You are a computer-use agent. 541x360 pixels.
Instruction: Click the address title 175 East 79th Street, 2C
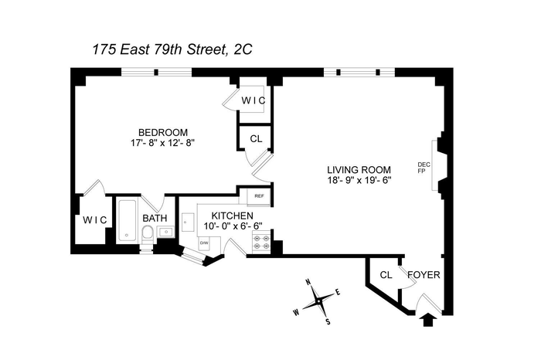(x=172, y=49)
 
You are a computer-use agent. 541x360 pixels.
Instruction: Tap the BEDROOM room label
(x=163, y=132)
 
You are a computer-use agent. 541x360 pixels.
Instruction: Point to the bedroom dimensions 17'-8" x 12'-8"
(x=163, y=143)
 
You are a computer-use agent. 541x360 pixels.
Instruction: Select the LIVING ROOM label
(x=359, y=170)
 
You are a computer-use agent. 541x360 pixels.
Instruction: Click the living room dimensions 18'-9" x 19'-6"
(x=359, y=180)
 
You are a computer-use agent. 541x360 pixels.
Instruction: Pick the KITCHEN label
(x=232, y=216)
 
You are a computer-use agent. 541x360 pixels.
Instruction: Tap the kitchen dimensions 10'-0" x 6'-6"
(x=233, y=226)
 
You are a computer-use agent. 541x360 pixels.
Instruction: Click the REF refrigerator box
(x=259, y=197)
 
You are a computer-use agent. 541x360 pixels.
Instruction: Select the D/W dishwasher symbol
(x=204, y=243)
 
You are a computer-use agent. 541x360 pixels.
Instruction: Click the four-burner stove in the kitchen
(x=261, y=243)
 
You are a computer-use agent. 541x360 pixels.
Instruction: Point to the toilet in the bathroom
(x=147, y=234)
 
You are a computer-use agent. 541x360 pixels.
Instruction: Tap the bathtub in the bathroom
(x=127, y=220)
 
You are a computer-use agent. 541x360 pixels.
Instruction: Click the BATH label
(x=155, y=219)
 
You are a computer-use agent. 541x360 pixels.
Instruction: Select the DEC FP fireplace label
(x=424, y=168)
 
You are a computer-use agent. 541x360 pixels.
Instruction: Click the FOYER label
(x=424, y=275)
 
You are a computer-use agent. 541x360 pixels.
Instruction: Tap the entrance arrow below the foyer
(x=427, y=320)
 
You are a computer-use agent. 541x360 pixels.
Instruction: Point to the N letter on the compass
(x=308, y=282)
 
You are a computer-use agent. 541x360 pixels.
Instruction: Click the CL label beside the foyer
(x=386, y=275)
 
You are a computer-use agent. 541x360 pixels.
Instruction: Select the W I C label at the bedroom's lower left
(x=95, y=220)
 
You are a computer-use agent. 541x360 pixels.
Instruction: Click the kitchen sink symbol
(x=188, y=222)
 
